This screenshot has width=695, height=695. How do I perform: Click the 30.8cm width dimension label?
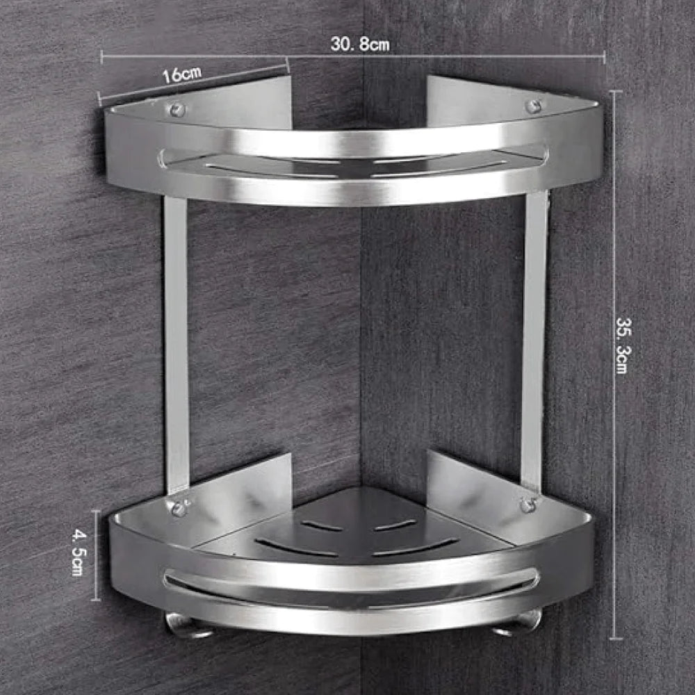359,45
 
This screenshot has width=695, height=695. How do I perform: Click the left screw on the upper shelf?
178,109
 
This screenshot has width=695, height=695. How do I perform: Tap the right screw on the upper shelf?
533,106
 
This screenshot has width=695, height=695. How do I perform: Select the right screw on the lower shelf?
528,504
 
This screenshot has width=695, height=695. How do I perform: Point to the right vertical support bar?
534,341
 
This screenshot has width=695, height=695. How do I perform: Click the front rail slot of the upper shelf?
352,161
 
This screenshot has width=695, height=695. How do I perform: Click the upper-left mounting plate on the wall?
264,101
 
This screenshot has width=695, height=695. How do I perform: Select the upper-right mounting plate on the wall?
452,97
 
